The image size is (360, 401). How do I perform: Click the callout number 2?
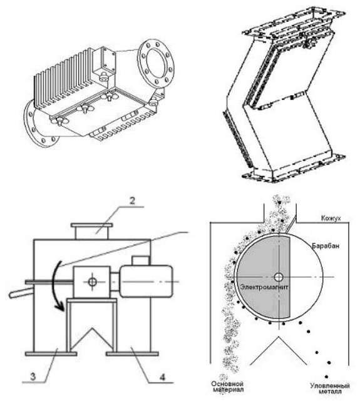[132, 201]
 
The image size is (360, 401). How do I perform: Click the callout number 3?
[33, 377]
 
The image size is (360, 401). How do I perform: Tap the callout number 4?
[163, 377]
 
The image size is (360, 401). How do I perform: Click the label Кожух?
[331, 218]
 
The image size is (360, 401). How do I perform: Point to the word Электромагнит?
[264, 287]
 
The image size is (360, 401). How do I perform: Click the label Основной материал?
[227, 387]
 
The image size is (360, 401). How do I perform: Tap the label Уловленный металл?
[329, 388]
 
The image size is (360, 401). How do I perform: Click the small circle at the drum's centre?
[279, 277]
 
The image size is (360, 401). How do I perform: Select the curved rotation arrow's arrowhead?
[60, 306]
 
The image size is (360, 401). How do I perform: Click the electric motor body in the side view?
[147, 282]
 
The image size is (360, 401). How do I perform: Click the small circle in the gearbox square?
[91, 282]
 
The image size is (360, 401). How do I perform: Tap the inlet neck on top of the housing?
[91, 231]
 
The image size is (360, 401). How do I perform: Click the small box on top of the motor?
[140, 260]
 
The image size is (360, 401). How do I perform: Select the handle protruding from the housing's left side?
[21, 293]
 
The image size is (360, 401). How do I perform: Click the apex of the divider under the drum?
[279, 337]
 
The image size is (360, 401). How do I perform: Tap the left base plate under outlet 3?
[51, 354]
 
